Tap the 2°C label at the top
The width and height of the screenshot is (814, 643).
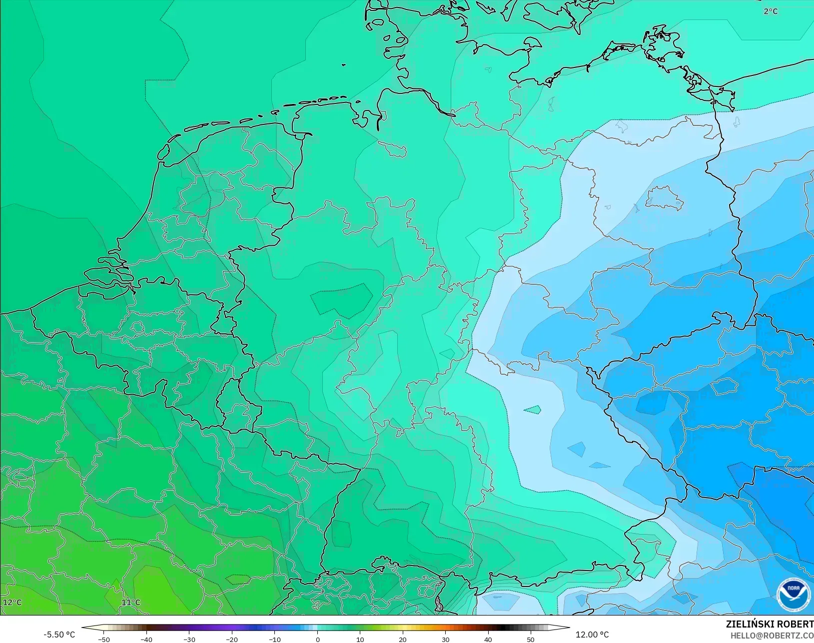click(771, 11)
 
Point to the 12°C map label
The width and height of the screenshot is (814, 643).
click(12, 602)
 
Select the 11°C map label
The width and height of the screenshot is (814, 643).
click(131, 602)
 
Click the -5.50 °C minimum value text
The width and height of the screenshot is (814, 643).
click(59, 635)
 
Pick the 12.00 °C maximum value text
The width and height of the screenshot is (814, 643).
click(592, 635)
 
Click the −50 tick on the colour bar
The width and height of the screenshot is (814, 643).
click(104, 639)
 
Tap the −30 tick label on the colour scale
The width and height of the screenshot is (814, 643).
click(189, 639)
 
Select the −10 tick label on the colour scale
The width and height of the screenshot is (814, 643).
click(275, 639)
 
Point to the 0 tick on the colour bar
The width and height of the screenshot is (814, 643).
click(317, 639)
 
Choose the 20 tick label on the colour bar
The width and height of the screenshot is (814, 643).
click(403, 639)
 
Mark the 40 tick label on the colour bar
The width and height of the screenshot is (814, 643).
click(488, 639)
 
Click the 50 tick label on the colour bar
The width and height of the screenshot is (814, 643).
click(531, 639)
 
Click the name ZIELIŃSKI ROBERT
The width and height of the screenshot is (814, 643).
click(770, 624)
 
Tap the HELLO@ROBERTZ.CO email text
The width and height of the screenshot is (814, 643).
click(772, 636)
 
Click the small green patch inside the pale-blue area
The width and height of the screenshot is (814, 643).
click(533, 410)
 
